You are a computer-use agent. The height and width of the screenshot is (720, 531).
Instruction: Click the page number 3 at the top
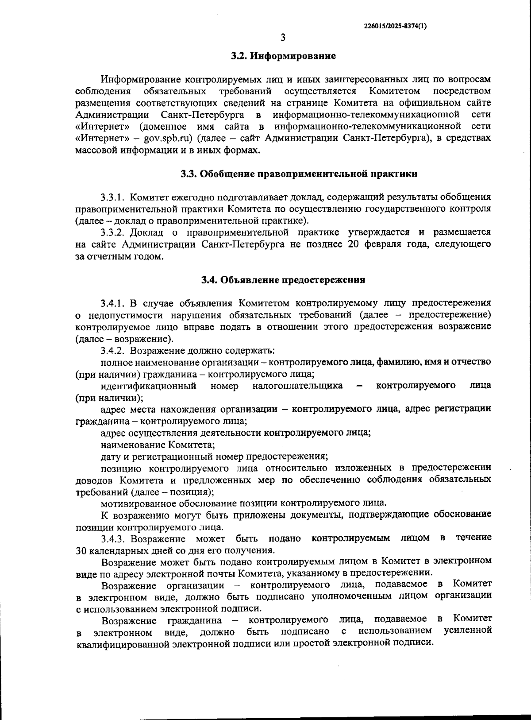pyautogui.click(x=283, y=38)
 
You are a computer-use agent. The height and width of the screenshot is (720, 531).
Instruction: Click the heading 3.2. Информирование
pyautogui.click(x=283, y=56)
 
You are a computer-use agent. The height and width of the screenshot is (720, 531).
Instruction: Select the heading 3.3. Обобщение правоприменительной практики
pyautogui.click(x=299, y=174)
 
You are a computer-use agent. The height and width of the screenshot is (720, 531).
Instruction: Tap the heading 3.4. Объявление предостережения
pyautogui.click(x=283, y=280)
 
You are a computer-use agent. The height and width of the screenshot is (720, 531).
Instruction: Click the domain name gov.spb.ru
pyautogui.click(x=168, y=138)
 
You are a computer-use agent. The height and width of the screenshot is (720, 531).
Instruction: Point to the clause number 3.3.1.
pyautogui.click(x=114, y=197)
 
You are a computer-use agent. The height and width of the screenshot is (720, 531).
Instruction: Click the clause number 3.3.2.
pyautogui.click(x=114, y=232)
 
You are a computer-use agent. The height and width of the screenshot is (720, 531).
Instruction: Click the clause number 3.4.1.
pyautogui.click(x=114, y=304)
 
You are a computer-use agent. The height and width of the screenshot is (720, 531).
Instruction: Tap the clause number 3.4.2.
pyautogui.click(x=114, y=351)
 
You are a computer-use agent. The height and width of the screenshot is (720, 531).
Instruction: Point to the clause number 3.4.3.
pyautogui.click(x=114, y=538)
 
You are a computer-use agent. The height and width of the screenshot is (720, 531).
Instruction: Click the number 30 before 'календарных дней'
pyautogui.click(x=82, y=551)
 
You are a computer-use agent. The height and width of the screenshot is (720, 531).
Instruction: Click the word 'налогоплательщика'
pyautogui.click(x=297, y=386)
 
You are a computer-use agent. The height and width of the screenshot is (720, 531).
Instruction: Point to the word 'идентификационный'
pyautogui.click(x=148, y=386)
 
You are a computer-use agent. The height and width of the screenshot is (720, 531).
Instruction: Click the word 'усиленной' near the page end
pyautogui.click(x=468, y=630)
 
